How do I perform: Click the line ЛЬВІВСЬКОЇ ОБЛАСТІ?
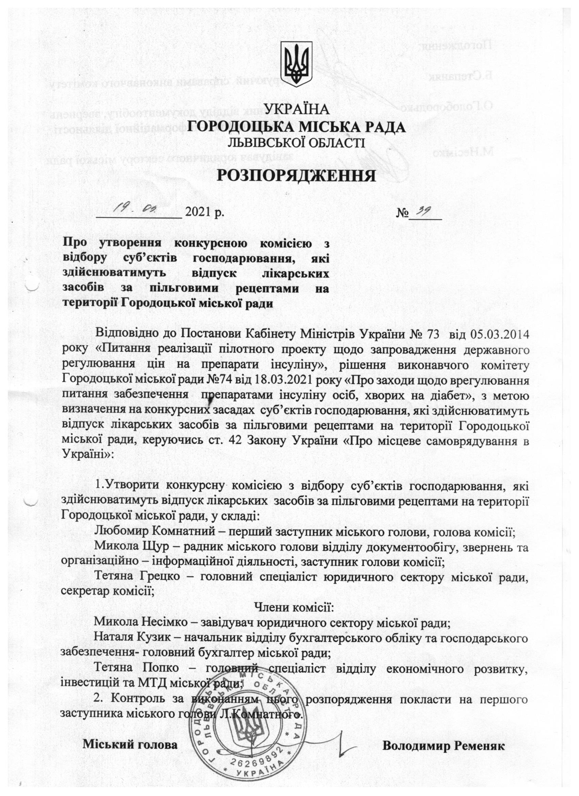[297, 143]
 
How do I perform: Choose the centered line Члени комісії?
[294, 616]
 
